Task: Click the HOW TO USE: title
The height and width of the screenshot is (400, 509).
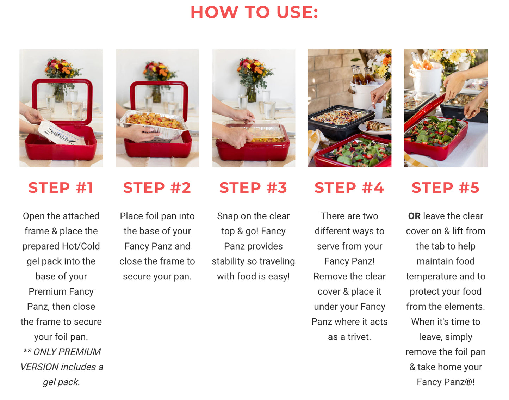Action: [x=254, y=12]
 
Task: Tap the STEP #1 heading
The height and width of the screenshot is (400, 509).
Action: [x=61, y=187]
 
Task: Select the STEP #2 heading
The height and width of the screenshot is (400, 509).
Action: [x=157, y=187]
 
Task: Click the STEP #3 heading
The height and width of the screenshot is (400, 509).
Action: [x=253, y=187]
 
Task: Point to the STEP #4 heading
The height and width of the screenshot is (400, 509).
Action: [x=349, y=187]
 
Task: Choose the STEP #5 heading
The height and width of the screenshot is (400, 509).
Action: [x=446, y=187]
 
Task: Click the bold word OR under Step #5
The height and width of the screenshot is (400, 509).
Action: [x=414, y=216]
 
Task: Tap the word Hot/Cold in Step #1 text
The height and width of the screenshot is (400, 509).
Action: [x=81, y=246]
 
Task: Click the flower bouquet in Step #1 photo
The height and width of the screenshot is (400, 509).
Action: [x=62, y=68]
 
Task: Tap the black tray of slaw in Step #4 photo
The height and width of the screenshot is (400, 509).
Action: [x=341, y=122]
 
